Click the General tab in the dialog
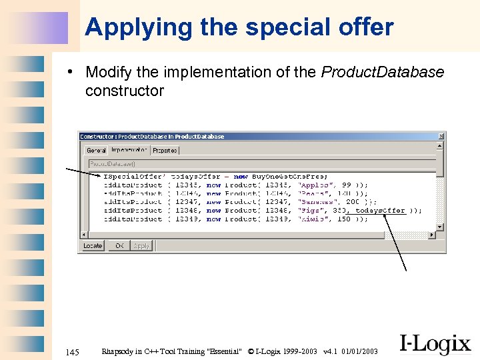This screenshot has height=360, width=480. [97, 150]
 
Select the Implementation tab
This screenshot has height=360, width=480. [129, 149]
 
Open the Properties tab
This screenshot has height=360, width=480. [165, 150]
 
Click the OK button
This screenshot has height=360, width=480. [119, 246]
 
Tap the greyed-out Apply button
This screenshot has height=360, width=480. [142, 246]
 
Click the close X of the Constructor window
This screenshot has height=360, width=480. [440, 136]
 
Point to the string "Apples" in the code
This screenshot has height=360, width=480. [313, 185]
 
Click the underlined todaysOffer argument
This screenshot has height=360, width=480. [380, 211]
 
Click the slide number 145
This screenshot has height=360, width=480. [73, 351]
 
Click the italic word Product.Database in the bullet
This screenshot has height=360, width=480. [382, 72]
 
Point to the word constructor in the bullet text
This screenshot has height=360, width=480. [124, 91]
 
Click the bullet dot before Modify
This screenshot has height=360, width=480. [78, 73]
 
